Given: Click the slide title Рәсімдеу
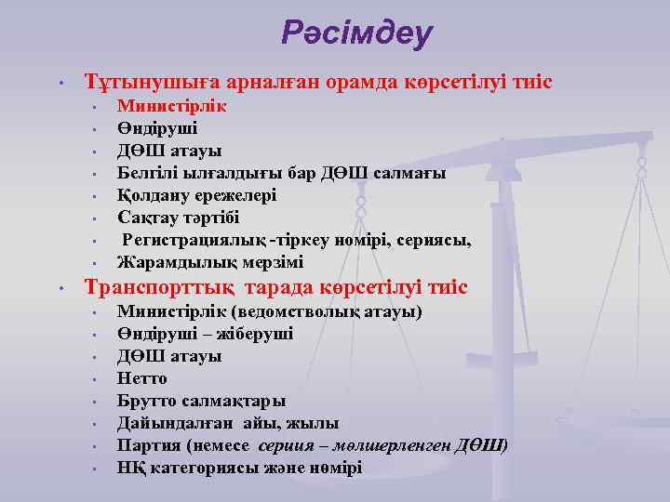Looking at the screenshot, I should [357, 34].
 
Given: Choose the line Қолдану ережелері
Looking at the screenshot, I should [196, 195].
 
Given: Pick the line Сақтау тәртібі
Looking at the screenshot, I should [178, 218].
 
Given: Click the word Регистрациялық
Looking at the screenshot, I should [189, 240].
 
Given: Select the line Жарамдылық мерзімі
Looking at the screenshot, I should [209, 262].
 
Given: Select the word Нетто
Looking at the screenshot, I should [142, 378].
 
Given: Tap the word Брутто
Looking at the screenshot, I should [147, 401].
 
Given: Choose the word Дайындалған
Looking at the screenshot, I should [167, 423].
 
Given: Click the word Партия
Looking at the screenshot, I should [147, 445].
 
